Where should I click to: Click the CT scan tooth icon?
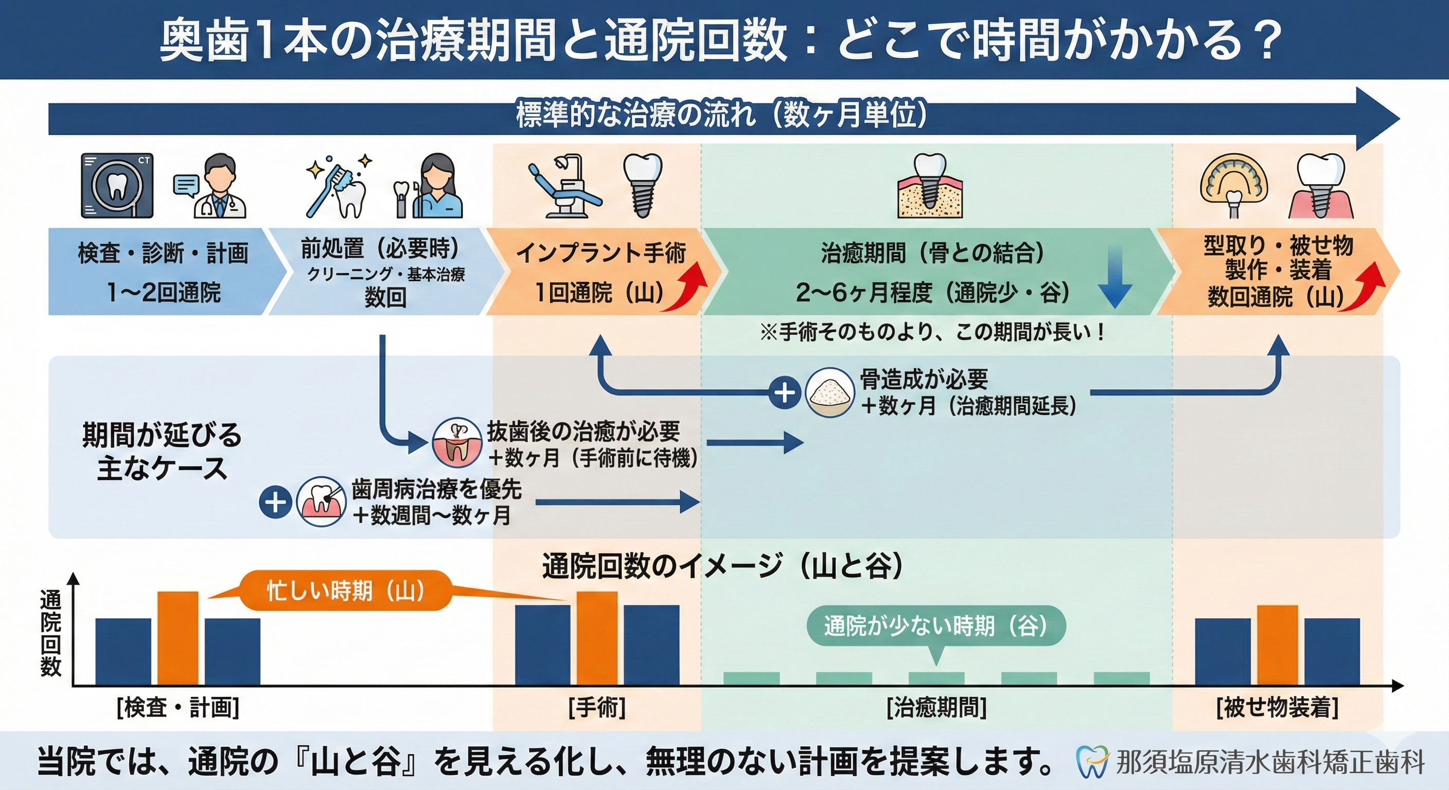[x=116, y=185]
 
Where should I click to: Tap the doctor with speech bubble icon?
[x=211, y=186]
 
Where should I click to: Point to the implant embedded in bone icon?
[x=929, y=186]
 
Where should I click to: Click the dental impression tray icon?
[x=1233, y=186]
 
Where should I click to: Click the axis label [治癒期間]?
[x=936, y=707]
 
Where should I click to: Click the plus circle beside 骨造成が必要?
[x=784, y=392]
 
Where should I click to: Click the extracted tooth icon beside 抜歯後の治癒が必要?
[x=456, y=443]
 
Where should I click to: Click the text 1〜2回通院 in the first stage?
[x=164, y=292]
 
